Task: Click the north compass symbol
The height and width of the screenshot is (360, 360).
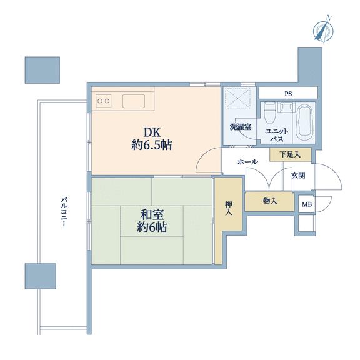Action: tap(323, 30)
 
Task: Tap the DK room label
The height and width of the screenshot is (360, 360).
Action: tap(152, 132)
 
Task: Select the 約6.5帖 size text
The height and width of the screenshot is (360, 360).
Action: tap(152, 145)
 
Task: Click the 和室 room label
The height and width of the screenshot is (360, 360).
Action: tap(152, 214)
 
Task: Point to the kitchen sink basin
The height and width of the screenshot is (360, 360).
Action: tap(134, 101)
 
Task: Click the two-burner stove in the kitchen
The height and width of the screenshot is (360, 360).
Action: tap(104, 101)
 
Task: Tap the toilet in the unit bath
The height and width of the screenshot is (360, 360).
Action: tap(269, 112)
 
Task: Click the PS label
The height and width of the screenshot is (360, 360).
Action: tap(288, 94)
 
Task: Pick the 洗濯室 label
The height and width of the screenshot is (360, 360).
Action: tap(241, 127)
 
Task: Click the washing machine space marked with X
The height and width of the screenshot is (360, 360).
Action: tap(237, 97)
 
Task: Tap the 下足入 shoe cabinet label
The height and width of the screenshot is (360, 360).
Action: tap(290, 154)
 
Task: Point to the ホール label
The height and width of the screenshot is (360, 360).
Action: tap(247, 162)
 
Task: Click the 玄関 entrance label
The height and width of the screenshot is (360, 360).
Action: tap(298, 176)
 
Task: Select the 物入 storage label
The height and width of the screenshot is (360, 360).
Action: tap(270, 201)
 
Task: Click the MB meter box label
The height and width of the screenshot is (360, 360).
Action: tap(307, 204)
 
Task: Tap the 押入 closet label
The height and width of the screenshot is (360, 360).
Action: tap(229, 208)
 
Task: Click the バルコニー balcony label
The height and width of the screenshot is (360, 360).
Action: tap(64, 212)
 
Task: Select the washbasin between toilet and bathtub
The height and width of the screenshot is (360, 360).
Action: tap(286, 107)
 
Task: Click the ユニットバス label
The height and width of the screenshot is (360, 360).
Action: tap(277, 135)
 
